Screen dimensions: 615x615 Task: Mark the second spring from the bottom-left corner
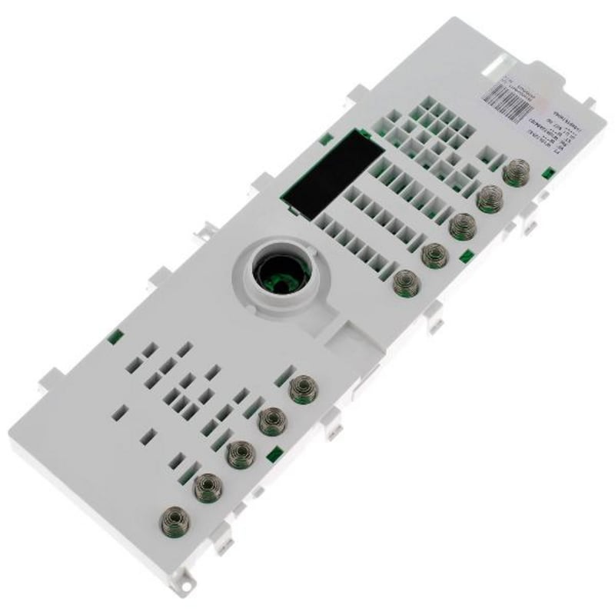(205, 486)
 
